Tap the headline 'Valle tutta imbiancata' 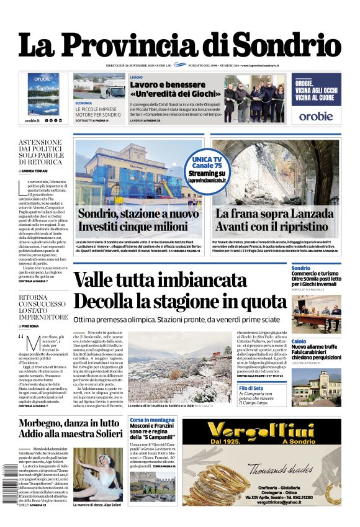click(x=160, y=281)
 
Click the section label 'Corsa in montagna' click(x=152, y=420)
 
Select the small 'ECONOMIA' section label click(x=84, y=102)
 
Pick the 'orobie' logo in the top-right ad click(x=315, y=116)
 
